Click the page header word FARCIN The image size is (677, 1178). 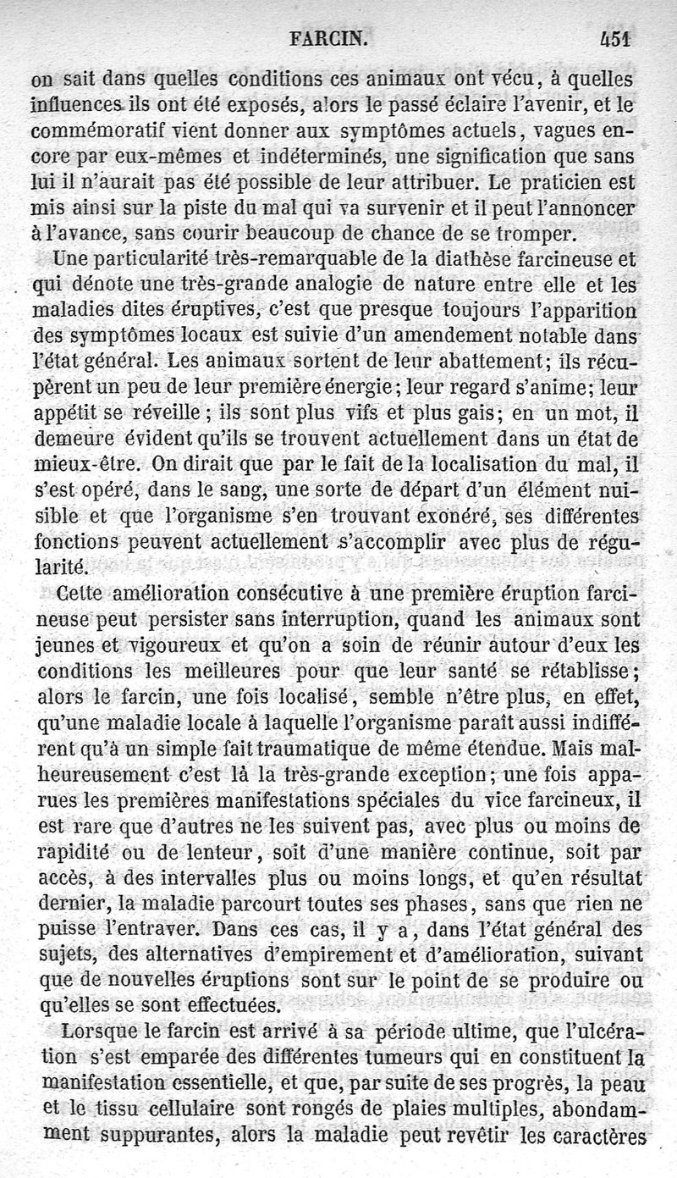pos(327,37)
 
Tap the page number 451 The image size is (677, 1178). pos(617,37)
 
